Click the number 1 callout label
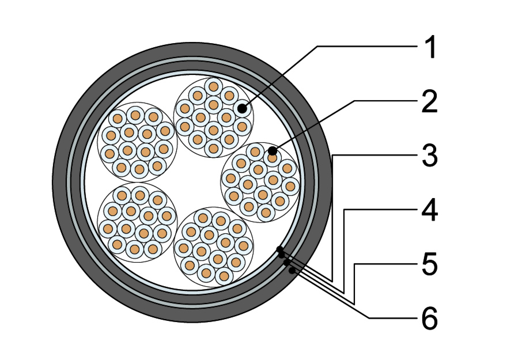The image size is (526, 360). [430, 47]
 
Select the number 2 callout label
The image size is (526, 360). [430, 101]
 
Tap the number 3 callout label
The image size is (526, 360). [430, 156]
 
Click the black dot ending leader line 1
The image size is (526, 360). [242, 108]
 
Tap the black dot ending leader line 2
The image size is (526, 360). [273, 151]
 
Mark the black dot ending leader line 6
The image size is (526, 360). [292, 270]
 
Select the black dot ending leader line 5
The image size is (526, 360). [286, 263]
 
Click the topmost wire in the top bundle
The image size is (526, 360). [213, 86]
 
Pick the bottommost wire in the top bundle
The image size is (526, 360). [213, 148]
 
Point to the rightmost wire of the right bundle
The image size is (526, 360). [290, 186]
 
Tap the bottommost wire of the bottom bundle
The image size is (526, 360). [224, 276]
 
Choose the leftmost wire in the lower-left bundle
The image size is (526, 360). [108, 229]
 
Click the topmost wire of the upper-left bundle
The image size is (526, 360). [135, 115]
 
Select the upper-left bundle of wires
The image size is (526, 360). [137, 142]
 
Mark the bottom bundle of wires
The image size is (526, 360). [214, 247]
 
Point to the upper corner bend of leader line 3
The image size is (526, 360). [332, 156]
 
